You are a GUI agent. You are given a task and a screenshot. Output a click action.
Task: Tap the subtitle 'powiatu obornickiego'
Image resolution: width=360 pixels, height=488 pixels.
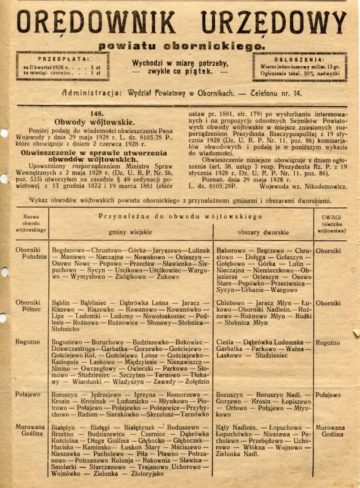click(x=180, y=46)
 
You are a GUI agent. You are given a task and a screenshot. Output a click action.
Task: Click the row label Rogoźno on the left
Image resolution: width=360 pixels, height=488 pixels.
click(x=28, y=342)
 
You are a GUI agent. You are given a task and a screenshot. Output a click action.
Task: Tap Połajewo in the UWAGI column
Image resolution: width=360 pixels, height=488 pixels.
click(x=328, y=395)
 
